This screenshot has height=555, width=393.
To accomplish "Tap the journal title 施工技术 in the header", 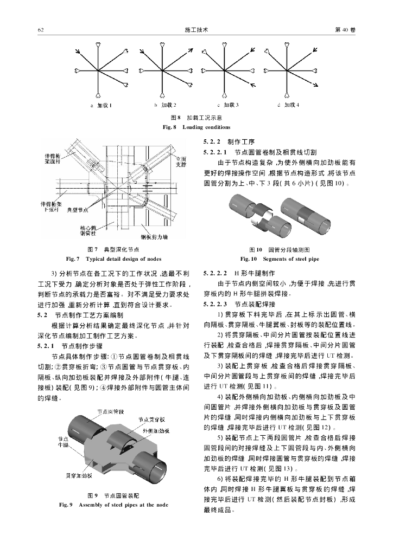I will pos(196,30).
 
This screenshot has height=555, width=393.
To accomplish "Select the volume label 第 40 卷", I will pos(345,30).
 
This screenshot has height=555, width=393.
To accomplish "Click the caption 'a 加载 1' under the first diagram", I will pos(102,105).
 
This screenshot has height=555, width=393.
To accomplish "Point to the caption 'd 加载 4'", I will pos(288,105).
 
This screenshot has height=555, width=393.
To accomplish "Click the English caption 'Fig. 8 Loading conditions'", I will pos(196,127).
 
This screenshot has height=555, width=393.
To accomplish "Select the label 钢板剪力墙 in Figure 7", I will pos(154,237).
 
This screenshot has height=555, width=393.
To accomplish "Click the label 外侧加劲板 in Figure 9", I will pos(156,430).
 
